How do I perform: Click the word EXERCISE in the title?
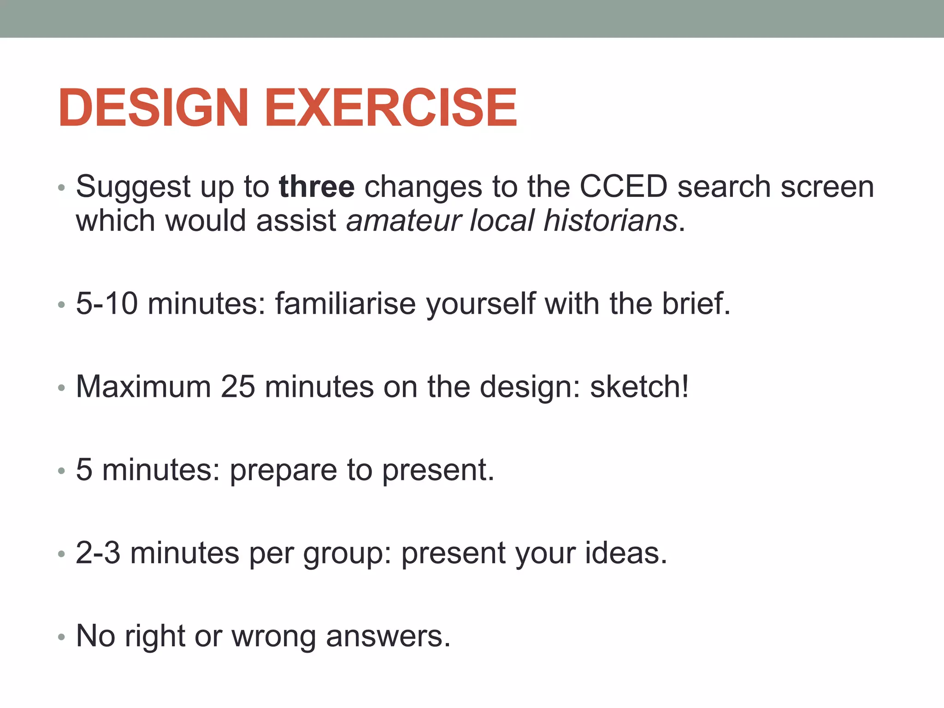coord(391,108)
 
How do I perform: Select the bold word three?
coord(317,187)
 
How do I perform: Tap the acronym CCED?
coord(623,187)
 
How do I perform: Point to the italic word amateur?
coord(403,221)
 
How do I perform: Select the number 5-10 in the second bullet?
coord(106,304)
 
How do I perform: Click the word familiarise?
coord(346,304)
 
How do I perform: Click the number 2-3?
coord(98,553)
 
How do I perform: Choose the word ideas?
coord(626,553)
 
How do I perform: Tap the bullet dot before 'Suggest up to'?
coord(61,188)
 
